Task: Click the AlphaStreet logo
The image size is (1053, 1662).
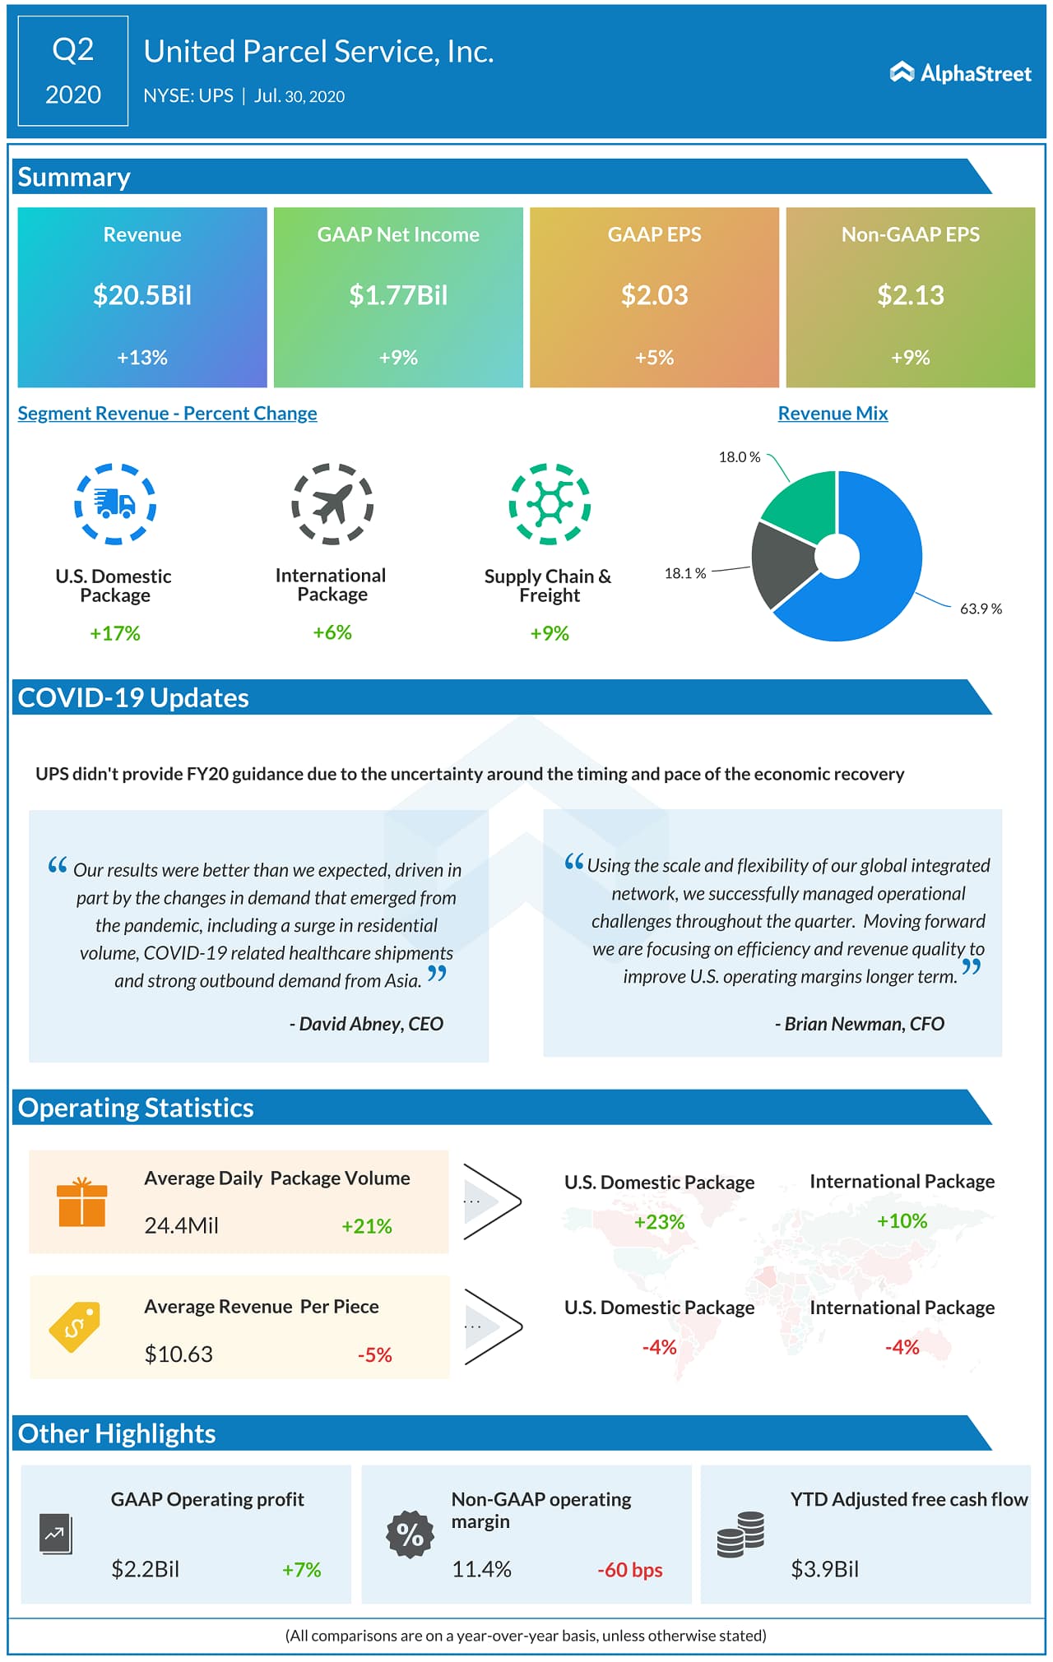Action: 960,73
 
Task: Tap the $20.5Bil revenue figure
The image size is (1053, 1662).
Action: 142,295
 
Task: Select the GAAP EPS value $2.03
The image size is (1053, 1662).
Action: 654,295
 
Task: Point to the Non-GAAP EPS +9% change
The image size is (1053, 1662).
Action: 910,358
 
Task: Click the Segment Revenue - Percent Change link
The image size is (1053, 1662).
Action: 167,414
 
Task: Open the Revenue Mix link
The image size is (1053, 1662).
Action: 833,414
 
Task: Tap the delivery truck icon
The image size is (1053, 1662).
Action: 115,503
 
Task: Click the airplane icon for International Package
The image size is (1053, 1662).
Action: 332,503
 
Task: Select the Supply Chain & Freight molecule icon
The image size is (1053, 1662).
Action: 549,503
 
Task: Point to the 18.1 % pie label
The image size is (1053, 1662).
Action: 684,573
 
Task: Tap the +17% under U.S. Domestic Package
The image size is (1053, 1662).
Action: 115,633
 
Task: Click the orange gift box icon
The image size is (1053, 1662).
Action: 81,1202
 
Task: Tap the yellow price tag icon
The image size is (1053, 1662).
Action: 75,1326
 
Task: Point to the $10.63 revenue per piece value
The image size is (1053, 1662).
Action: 179,1354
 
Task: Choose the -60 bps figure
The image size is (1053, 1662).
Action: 630,1570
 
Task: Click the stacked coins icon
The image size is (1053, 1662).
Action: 740,1535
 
